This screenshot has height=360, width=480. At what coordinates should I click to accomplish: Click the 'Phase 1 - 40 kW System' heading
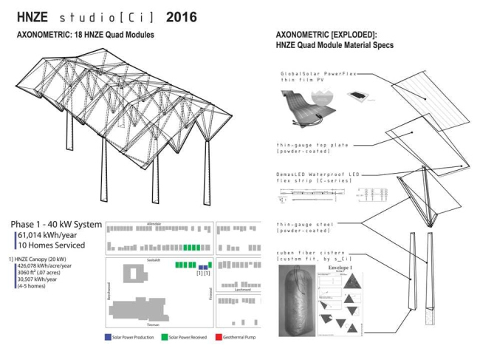pyautogui.click(x=57, y=224)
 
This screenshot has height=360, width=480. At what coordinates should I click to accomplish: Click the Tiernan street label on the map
pyautogui.click(x=154, y=324)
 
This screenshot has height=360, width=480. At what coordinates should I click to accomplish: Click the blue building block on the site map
pyautogui.click(x=199, y=265)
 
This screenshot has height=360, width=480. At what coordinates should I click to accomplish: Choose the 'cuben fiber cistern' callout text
pyautogui.click(x=305, y=256)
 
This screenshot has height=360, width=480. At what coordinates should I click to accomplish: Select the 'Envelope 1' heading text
pyautogui.click(x=339, y=267)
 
